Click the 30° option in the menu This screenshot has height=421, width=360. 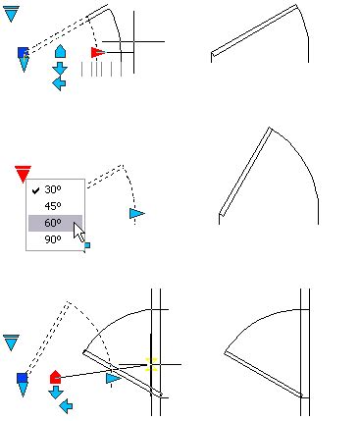(52, 189)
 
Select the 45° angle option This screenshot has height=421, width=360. (52, 206)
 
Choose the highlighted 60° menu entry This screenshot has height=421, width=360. (52, 223)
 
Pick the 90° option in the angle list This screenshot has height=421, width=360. (52, 238)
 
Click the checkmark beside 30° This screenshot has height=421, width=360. (36, 189)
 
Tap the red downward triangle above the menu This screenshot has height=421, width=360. (23, 174)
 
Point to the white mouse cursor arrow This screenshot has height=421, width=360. (78, 230)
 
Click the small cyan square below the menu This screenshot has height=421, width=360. (86, 245)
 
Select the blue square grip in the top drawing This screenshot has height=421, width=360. (23, 52)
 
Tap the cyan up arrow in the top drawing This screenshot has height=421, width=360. (59, 50)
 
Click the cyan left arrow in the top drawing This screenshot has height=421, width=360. (58, 83)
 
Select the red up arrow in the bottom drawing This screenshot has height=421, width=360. (56, 376)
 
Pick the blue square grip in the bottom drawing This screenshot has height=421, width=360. (22, 377)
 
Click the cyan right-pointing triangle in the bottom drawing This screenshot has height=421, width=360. (114, 377)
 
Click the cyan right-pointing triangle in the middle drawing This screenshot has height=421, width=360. (136, 213)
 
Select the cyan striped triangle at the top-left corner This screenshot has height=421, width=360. (11, 14)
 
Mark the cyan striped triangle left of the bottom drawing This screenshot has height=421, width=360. (12, 342)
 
